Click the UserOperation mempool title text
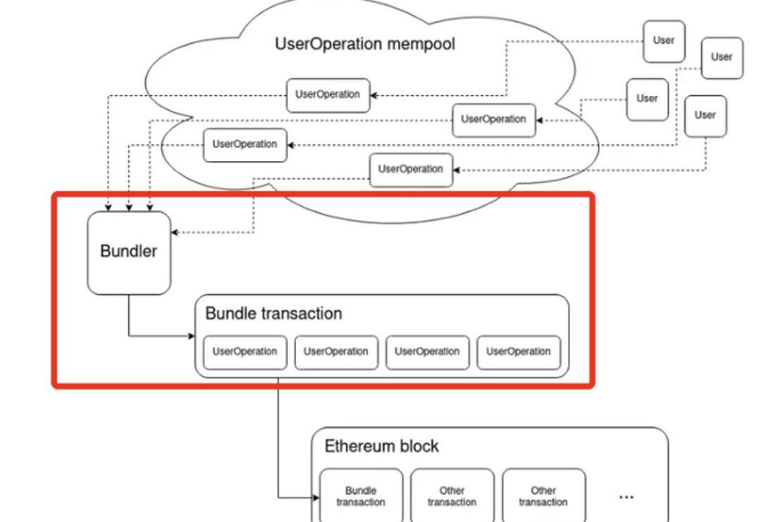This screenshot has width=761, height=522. pos(365,44)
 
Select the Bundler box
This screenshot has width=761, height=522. pos(129,252)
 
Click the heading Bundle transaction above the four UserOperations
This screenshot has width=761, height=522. pos(273,313)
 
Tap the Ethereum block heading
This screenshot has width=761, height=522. pos(381,446)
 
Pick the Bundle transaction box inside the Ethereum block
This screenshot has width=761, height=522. pos(361,496)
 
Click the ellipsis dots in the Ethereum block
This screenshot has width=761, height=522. pos(626,497)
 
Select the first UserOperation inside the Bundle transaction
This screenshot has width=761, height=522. pos(245,351)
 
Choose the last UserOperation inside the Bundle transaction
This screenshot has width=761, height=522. pos(519,351)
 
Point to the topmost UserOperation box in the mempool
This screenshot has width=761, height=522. pos(328,95)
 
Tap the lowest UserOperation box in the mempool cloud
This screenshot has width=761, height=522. pos(411,169)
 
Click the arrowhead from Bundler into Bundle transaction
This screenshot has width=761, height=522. pos(192,336)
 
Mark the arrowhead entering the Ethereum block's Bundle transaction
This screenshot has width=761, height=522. pos(316,498)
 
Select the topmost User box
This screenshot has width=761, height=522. pos(664,41)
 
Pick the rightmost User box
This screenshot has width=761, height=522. pos(722,57)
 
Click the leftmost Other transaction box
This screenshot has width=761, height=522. pos(452,496)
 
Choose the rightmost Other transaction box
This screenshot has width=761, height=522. pos(543,496)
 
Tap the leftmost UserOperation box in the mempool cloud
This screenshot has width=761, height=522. pos(245,145)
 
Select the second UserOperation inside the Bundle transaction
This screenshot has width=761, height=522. pos(336,351)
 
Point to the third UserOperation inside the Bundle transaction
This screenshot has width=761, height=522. pos(427,351)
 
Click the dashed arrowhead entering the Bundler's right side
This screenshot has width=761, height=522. pos(175,232)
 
